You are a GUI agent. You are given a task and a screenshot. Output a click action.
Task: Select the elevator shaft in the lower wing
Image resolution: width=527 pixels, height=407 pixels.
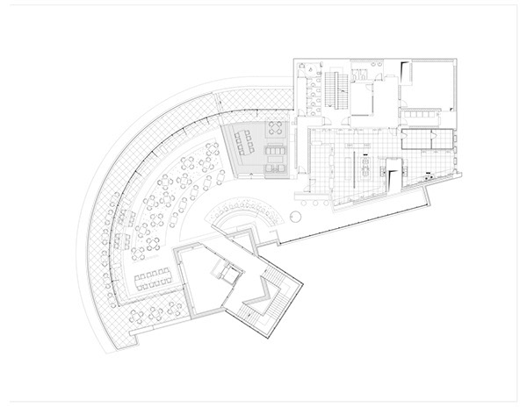coord(230,275)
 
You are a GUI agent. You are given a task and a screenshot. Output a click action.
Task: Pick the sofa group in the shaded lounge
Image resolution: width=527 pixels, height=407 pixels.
coord(274,153)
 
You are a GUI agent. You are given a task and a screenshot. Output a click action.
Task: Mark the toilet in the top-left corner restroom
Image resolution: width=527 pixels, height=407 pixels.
coord(300,66)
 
